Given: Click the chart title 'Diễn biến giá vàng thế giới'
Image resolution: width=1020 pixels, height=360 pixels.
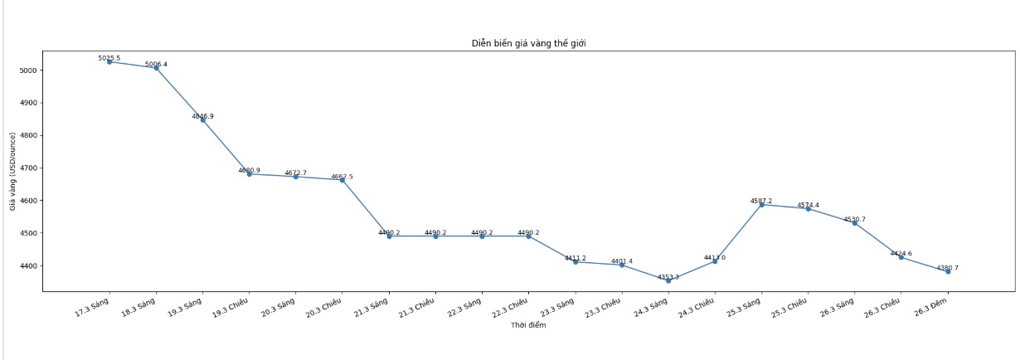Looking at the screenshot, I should tap(528, 42).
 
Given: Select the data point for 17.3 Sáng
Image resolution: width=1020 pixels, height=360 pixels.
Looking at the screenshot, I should tap(109, 61).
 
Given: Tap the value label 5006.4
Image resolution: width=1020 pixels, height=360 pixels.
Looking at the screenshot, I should tap(156, 64).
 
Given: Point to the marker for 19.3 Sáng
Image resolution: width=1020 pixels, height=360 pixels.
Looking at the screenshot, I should tap(202, 119).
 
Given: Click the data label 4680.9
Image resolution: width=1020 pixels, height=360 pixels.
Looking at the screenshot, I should tap(249, 170).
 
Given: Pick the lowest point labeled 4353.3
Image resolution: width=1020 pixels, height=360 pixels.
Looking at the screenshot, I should tap(668, 280).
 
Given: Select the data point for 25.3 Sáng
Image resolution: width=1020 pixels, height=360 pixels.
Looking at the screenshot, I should tap(761, 204).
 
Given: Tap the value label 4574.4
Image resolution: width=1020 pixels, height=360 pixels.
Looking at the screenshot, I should tap(808, 205).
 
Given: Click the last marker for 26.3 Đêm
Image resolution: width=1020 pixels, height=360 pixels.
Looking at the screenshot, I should tap(948, 271).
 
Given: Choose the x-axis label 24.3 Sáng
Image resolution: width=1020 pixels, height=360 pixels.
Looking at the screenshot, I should tap(652, 312).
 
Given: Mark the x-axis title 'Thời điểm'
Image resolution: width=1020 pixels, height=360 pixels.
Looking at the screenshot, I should tap(528, 325).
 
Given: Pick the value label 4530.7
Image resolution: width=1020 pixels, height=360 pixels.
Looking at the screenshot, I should tap(854, 220).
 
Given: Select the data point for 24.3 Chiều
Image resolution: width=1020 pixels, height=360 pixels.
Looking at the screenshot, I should tap(715, 261).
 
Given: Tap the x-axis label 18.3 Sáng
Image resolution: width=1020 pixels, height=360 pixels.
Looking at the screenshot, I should tap(139, 312).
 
